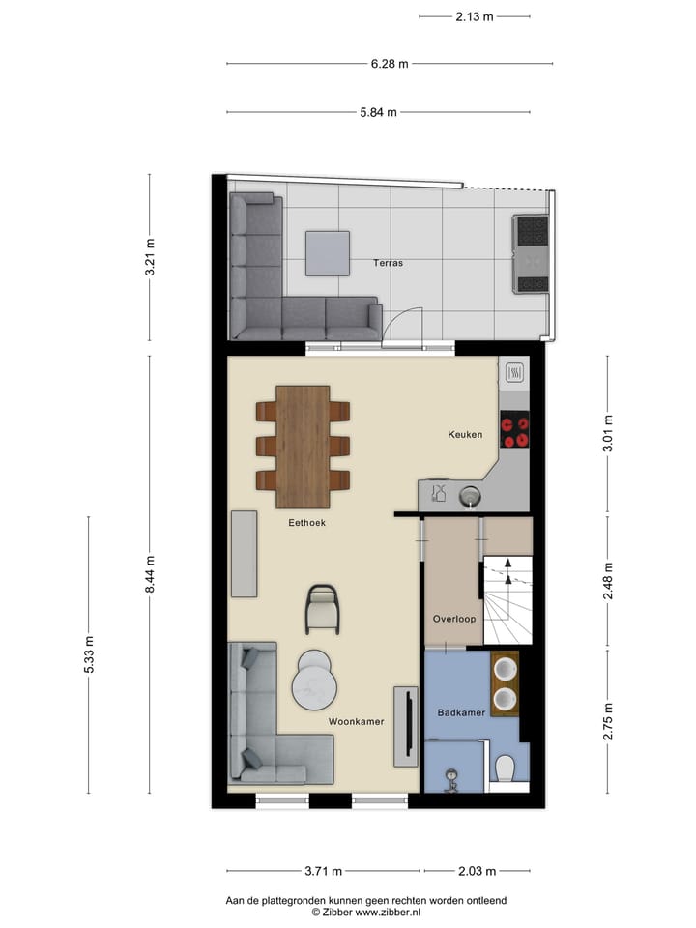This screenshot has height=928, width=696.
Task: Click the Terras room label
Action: tap(390, 262)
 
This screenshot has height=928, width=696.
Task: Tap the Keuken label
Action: tap(464, 435)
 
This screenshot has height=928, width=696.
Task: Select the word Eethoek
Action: tap(306, 523)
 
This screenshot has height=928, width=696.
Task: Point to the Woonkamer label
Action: tap(356, 721)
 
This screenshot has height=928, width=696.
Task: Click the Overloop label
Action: tap(453, 619)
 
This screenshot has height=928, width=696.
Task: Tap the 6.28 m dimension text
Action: tap(390, 64)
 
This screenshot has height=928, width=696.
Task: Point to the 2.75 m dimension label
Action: tap(608, 721)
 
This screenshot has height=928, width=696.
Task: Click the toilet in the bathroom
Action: tap(505, 768)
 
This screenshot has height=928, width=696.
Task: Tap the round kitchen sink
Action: tap(470, 496)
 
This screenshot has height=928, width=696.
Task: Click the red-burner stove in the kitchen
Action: tap(514, 429)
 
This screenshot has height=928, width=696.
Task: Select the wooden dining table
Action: tap(303, 446)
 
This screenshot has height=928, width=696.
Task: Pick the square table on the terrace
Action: tap(327, 253)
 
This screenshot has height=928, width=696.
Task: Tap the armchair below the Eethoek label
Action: tap(323, 609)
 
